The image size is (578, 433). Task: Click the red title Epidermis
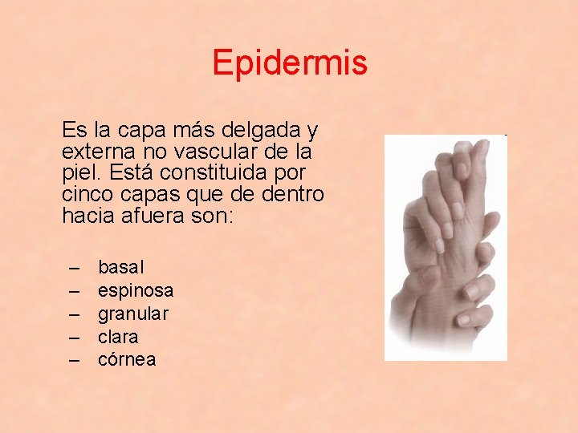tap(290, 63)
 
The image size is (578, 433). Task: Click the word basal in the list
tap(121, 266)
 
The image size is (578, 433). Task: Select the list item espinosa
tap(136, 289)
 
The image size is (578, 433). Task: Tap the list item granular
tap(133, 314)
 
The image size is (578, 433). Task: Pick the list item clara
tap(118, 337)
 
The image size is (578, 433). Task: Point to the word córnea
tap(127, 360)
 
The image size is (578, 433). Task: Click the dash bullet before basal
tap(75, 266)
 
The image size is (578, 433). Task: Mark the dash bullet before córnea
tap(75, 360)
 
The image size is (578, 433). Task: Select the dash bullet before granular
tap(75, 314)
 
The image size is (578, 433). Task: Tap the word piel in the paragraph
tap(79, 172)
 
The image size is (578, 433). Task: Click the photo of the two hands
tap(446, 247)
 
